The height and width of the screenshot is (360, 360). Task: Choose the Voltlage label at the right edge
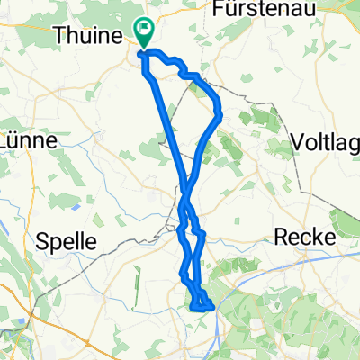pyautogui.click(x=326, y=141)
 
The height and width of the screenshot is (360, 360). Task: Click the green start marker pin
pyautogui.click(x=143, y=31)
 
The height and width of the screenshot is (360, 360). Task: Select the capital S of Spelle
pyautogui.click(x=40, y=240)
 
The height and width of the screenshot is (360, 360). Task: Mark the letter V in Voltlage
pyautogui.click(x=298, y=141)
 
